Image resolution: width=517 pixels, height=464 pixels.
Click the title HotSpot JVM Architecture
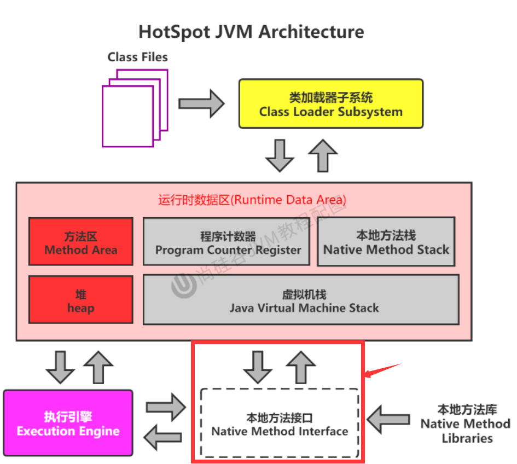click(x=251, y=31)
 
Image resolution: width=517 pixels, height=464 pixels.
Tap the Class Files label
click(x=137, y=57)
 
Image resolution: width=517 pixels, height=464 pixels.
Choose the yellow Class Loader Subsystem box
click(x=330, y=104)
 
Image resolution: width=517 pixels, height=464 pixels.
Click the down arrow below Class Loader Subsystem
click(x=280, y=155)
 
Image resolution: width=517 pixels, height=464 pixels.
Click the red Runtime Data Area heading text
click(x=252, y=200)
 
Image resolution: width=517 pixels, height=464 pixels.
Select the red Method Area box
click(x=81, y=243)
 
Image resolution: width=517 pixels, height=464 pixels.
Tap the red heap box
click(x=81, y=300)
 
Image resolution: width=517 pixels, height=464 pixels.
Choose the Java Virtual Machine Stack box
click(x=301, y=300)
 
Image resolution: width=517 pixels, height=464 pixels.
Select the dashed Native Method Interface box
click(x=280, y=424)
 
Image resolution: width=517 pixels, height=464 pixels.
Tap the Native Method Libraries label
click(x=466, y=424)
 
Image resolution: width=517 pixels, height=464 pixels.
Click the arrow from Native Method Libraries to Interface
click(x=388, y=420)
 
